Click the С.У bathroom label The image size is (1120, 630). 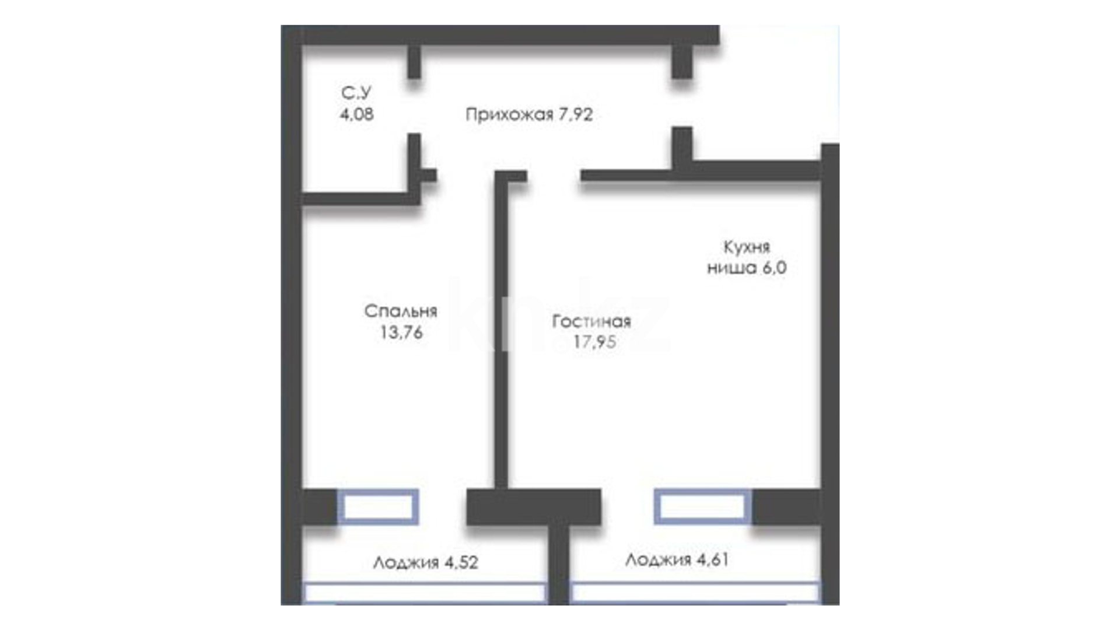pyautogui.click(x=356, y=93)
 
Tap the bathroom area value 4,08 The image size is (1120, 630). pyautogui.click(x=357, y=114)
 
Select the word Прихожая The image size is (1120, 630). pyautogui.click(x=509, y=114)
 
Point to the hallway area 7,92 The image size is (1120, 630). pyautogui.click(x=576, y=114)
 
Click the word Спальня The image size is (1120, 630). pyautogui.click(x=401, y=311)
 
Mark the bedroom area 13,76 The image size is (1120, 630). pyautogui.click(x=401, y=332)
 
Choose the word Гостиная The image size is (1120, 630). pyautogui.click(x=591, y=321)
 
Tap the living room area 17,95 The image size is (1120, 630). pyautogui.click(x=594, y=342)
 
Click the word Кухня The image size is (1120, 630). pyautogui.click(x=747, y=247)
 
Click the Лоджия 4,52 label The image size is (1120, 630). pyautogui.click(x=426, y=562)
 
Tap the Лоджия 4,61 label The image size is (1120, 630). pyautogui.click(x=677, y=560)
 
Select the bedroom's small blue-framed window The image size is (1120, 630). pyautogui.click(x=379, y=506)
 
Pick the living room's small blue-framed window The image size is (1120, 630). pyautogui.click(x=702, y=506)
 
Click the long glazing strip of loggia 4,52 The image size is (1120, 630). pyautogui.click(x=425, y=593)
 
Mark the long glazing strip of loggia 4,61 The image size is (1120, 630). pyautogui.click(x=695, y=593)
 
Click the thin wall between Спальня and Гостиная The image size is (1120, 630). pyautogui.click(x=501, y=330)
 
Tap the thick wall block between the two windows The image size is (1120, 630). pyautogui.click(x=534, y=506)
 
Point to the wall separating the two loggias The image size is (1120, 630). pyautogui.click(x=559, y=564)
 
